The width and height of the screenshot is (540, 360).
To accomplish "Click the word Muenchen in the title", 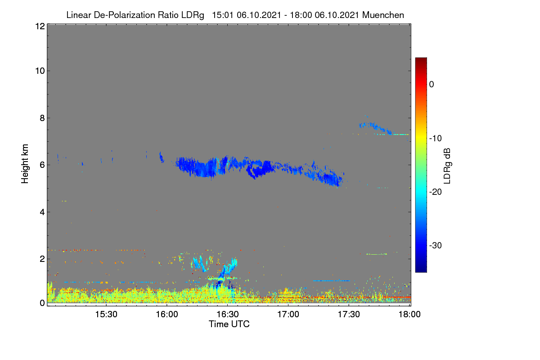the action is (x=383, y=15).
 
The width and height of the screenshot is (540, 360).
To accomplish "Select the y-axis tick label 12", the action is (x=40, y=26).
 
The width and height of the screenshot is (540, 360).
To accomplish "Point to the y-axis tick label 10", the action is (x=40, y=71).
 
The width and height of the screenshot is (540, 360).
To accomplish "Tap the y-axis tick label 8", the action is (x=42, y=118).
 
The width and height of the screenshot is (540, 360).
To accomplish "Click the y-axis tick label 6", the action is (x=42, y=165).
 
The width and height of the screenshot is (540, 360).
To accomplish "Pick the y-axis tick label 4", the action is (x=42, y=212).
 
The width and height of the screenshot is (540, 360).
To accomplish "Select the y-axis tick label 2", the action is (x=42, y=259).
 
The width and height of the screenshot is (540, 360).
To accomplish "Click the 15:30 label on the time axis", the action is (x=106, y=315).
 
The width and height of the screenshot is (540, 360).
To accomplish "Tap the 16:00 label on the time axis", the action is (x=167, y=315).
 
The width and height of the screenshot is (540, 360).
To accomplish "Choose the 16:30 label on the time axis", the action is (x=228, y=315).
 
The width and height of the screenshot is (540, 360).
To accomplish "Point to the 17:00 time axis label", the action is (x=288, y=315).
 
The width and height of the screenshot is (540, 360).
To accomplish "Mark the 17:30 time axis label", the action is (x=349, y=315).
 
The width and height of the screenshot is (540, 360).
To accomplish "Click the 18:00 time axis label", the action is (x=409, y=315).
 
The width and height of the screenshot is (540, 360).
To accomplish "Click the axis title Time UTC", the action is (x=229, y=324).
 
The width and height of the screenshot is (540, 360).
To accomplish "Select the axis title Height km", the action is (x=25, y=164).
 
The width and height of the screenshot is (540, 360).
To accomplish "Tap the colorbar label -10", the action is (x=436, y=139).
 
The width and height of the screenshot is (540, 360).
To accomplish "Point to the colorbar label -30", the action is (x=436, y=245).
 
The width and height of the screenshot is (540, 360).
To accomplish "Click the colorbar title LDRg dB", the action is (x=447, y=166).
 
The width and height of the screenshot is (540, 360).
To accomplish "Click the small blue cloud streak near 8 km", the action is (x=375, y=128).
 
